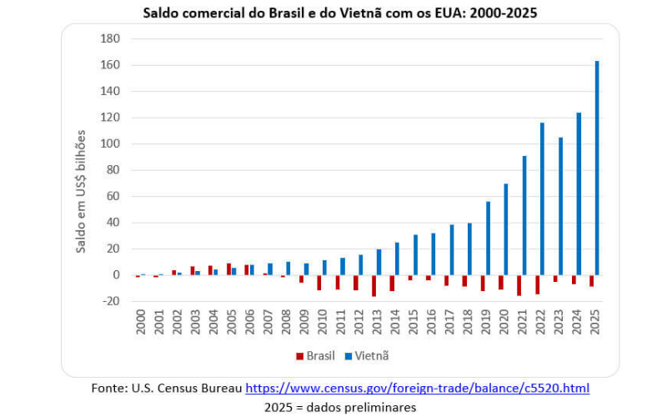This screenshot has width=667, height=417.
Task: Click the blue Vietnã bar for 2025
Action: coord(597,168)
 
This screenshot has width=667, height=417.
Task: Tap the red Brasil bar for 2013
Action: coord(374,285)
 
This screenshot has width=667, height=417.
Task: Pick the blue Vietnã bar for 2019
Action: coord(488,238)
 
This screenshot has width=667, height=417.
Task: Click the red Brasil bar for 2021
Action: coord(519,285)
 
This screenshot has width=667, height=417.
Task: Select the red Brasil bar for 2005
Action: coord(228,269)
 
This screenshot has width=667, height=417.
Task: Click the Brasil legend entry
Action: coord(316,356)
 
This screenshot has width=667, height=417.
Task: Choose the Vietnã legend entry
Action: coord(367,356)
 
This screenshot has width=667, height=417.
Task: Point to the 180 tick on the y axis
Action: coord(111,39)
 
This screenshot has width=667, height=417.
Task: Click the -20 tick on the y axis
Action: coord(111,301)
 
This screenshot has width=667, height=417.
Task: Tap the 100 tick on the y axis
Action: coord(111,144)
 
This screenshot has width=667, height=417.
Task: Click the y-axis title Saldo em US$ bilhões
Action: coord(81,191)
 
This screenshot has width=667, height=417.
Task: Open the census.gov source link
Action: coord(417,389)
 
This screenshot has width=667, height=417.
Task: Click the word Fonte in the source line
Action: coord(108,389)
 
